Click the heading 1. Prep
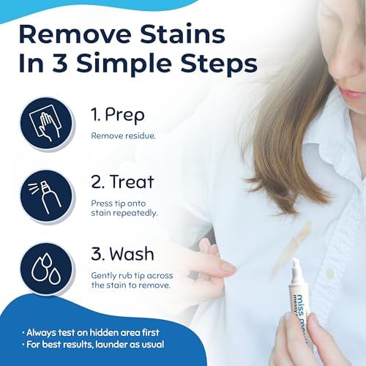[x=119, y=114]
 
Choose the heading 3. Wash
[x=124, y=254]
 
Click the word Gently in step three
[x=102, y=273]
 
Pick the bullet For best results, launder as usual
[x=99, y=344]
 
